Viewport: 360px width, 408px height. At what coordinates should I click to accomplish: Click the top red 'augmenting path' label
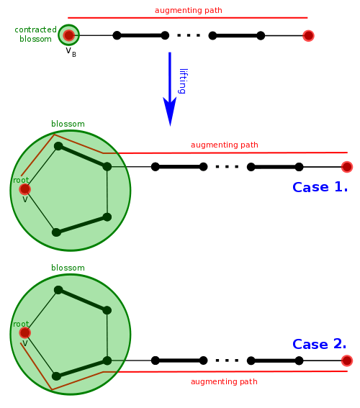(x=188, y=10)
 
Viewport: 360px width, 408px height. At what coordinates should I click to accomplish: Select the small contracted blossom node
(x=68, y=35)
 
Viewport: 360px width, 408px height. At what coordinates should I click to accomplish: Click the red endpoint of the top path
(x=308, y=35)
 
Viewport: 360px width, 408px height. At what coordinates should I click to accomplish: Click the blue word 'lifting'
(x=183, y=81)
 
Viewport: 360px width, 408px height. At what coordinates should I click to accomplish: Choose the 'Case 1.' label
(x=319, y=187)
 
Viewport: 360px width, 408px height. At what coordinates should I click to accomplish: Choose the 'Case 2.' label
(x=319, y=344)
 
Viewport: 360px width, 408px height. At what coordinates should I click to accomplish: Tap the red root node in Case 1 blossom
(x=24, y=189)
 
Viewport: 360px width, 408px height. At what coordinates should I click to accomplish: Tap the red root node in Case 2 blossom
(x=24, y=332)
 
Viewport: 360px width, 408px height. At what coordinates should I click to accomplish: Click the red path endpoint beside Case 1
(x=347, y=167)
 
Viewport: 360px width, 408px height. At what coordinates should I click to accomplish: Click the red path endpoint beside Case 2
(x=347, y=361)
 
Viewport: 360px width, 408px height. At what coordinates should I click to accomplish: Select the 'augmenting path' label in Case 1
(x=224, y=145)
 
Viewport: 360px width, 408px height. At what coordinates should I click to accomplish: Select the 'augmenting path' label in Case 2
(x=224, y=381)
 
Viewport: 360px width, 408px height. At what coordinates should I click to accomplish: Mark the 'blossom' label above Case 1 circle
(x=68, y=124)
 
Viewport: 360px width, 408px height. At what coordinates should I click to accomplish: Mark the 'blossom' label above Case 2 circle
(x=68, y=268)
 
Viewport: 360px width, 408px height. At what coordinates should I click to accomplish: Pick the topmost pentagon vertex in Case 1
(x=58, y=146)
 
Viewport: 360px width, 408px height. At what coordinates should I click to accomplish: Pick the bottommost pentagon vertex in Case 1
(x=56, y=232)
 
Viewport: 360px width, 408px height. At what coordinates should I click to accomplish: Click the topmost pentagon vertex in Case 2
(x=58, y=290)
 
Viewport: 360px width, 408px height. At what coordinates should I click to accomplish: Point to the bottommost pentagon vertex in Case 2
(x=56, y=376)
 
